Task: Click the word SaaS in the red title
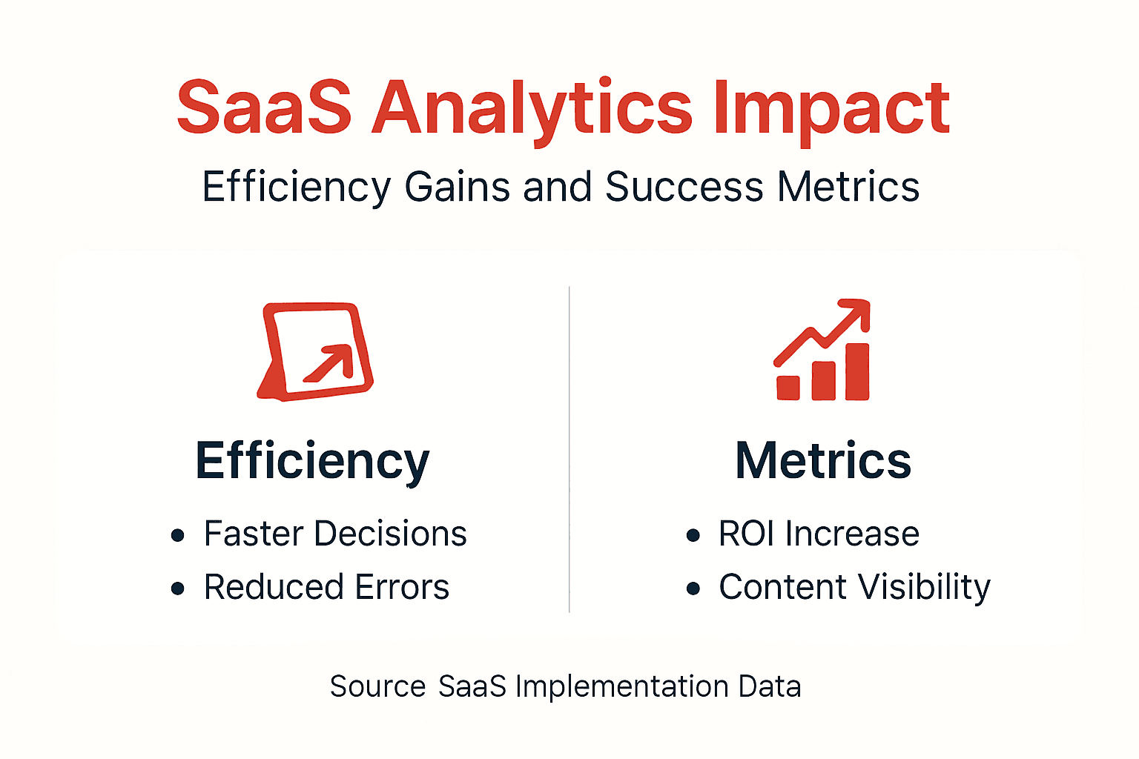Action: pyautogui.click(x=264, y=108)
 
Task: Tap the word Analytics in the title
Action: pyautogui.click(x=532, y=108)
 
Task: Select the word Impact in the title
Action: pyautogui.click(x=831, y=108)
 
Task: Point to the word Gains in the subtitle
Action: pyautogui.click(x=457, y=187)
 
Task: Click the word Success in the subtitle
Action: pyautogui.click(x=684, y=187)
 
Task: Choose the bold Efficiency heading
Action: pyautogui.click(x=312, y=461)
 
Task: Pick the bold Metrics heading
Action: pyautogui.click(x=822, y=461)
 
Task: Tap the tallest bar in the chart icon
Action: pyautogui.click(x=857, y=371)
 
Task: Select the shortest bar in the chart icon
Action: pyautogui.click(x=788, y=388)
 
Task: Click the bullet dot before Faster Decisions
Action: pyautogui.click(x=177, y=535)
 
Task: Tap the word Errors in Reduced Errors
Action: pyautogui.click(x=402, y=587)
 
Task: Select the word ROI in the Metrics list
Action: pyautogui.click(x=746, y=534)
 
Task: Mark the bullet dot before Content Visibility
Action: pyautogui.click(x=693, y=589)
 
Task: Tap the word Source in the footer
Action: pyautogui.click(x=377, y=686)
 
